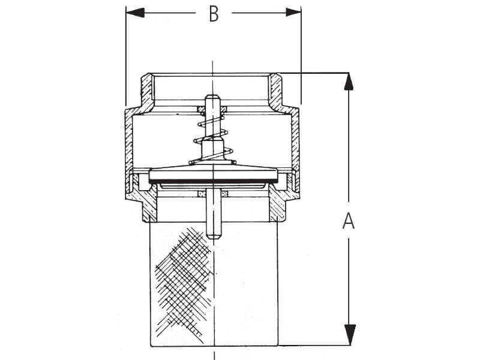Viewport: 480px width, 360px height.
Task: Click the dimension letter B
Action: pyautogui.click(x=214, y=14)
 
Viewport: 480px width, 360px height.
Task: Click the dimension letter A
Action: pyautogui.click(x=349, y=221)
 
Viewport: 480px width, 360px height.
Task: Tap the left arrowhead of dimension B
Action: pyautogui.click(x=134, y=13)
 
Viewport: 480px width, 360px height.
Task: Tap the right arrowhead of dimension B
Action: pyautogui.click(x=293, y=13)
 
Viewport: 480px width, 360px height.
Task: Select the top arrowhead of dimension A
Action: pyautogui.click(x=349, y=82)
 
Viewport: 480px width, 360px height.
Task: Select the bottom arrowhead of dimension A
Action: pyautogui.click(x=349, y=335)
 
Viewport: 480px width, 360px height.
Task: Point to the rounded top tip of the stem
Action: pyautogui.click(x=213, y=98)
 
